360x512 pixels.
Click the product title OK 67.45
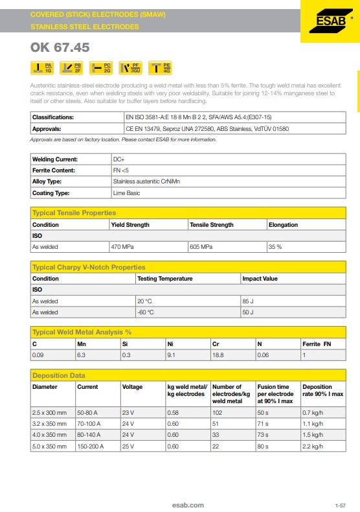(x=60, y=48)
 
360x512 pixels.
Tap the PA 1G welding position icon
(x=43, y=67)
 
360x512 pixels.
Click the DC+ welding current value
(x=118, y=159)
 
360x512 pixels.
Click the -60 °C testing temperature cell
(x=146, y=312)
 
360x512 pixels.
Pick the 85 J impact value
(x=248, y=301)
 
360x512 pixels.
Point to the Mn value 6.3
(x=82, y=355)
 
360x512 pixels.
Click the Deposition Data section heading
(x=59, y=375)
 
